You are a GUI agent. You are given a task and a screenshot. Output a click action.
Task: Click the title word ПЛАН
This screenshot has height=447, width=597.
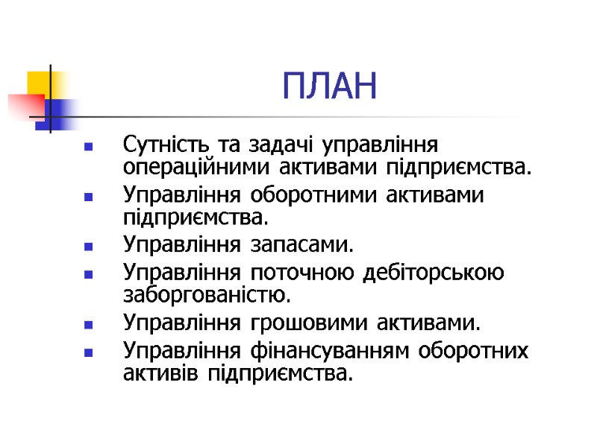click(331, 87)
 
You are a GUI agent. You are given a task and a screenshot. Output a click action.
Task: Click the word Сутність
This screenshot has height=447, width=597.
click(160, 142)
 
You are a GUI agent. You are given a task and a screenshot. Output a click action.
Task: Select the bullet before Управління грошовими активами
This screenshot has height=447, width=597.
click(89, 326)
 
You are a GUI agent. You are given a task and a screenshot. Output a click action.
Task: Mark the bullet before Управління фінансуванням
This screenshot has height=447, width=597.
click(89, 352)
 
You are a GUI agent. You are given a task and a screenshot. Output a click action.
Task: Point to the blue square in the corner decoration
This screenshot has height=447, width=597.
click(58, 112)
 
